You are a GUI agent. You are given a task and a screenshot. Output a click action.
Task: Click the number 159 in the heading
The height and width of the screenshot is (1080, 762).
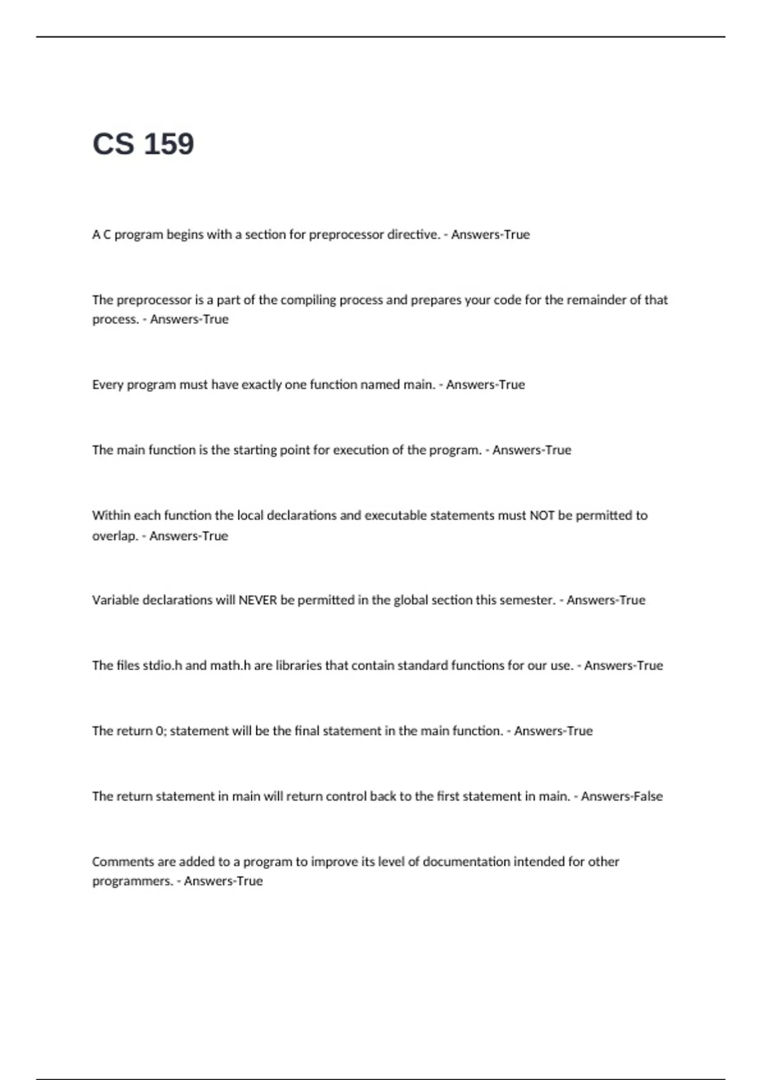(x=169, y=144)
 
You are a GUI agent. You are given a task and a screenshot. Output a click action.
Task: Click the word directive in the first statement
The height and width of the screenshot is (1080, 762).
(x=413, y=234)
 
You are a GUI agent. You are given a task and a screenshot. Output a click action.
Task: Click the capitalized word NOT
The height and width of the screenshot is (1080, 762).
(x=542, y=515)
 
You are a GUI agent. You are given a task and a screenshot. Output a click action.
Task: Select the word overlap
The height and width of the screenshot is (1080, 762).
(x=114, y=536)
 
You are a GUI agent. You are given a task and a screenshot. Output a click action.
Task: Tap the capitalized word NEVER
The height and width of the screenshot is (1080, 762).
(x=257, y=600)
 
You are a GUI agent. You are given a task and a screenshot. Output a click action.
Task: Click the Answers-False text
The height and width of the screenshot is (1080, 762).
(x=622, y=797)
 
